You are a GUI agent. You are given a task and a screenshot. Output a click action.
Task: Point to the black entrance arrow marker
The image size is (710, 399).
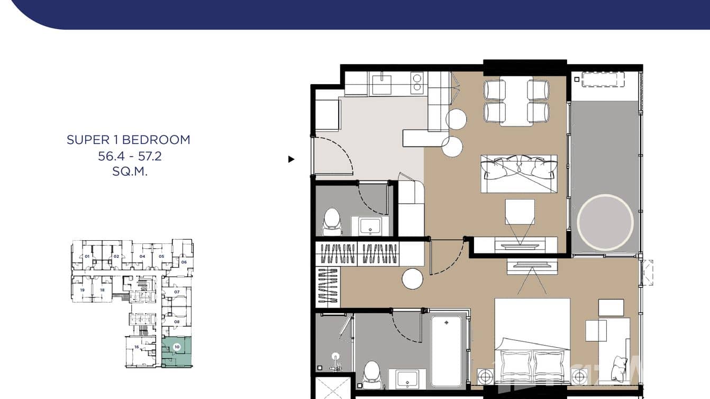click(291, 159)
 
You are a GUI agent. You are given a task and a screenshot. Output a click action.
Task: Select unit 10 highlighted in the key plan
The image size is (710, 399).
click(177, 348)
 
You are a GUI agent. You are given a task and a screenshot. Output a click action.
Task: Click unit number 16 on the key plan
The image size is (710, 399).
click(136, 347)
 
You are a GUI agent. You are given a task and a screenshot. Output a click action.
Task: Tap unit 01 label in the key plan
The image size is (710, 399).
click(87, 257)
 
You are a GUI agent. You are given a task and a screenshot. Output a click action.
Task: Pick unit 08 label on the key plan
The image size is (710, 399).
click(177, 322)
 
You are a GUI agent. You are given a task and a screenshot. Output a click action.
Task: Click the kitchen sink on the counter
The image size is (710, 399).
click(381, 84)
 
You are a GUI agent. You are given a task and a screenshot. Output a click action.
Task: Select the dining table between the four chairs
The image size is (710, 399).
click(516, 102)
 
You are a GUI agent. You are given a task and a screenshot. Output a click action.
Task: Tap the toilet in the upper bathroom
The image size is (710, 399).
click(332, 222)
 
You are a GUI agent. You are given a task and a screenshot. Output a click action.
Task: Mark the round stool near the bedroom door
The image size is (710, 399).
click(412, 279)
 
